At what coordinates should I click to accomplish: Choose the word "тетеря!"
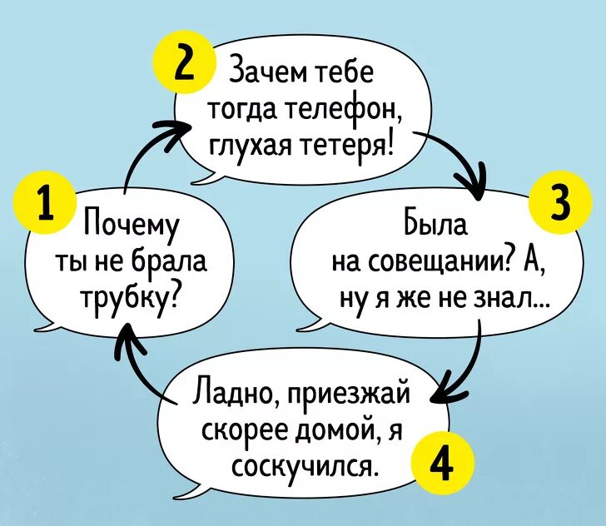(350, 146)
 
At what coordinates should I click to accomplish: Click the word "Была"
(434, 226)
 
